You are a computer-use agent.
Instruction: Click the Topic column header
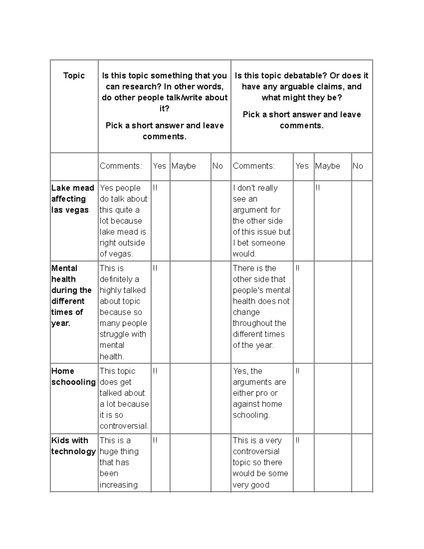tap(74, 75)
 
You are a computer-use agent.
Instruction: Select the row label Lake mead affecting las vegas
tap(72, 199)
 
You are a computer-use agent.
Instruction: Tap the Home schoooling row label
tap(73, 376)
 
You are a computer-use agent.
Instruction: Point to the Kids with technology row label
tap(73, 446)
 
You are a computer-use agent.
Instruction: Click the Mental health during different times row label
tap(71, 296)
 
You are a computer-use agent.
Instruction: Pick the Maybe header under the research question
tap(184, 166)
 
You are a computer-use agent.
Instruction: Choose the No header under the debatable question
tap(358, 166)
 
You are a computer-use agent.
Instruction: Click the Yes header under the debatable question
tap(302, 166)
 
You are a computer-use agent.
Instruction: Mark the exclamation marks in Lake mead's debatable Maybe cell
tap(317, 188)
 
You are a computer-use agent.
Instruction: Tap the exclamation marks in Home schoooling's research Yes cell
tap(155, 371)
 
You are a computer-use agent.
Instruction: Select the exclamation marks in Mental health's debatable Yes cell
tap(298, 268)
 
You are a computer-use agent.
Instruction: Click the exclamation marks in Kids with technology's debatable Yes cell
tap(298, 440)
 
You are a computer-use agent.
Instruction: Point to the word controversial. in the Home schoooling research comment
tap(124, 426)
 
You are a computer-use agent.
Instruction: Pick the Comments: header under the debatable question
tap(254, 166)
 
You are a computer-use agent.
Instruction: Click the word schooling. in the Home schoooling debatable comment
tap(251, 415)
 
